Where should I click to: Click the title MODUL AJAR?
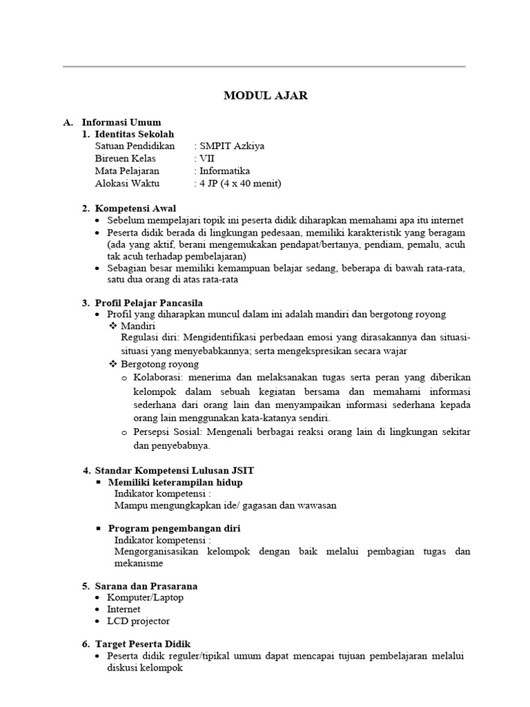[265, 96]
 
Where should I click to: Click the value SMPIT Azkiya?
[231, 146]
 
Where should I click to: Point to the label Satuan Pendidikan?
[136, 146]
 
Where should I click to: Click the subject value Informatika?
[224, 171]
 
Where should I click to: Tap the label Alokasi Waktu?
[128, 184]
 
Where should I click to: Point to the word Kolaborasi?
[157, 378]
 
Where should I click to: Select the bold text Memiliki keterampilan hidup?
[175, 482]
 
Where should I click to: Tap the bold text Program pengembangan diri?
[174, 528]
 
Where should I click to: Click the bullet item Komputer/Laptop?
[146, 597]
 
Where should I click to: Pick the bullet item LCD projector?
[139, 621]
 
